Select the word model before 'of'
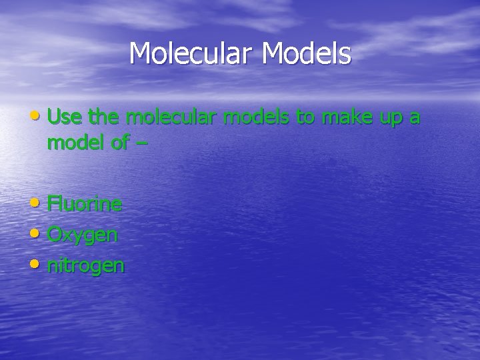pos(75,143)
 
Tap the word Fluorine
pos(85,204)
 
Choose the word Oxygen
pos(83,235)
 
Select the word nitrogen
pos(85,266)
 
